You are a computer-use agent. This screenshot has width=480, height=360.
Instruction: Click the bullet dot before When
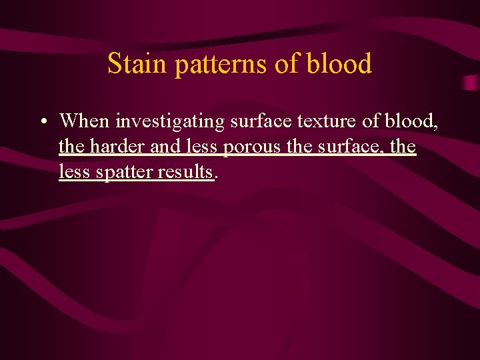[x=42, y=121]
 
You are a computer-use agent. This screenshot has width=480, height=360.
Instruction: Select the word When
[x=85, y=121]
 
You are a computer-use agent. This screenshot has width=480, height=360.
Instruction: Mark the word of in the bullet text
[x=373, y=121]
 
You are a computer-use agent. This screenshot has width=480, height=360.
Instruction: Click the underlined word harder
[x=117, y=146]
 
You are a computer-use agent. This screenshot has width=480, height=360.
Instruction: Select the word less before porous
[x=203, y=146]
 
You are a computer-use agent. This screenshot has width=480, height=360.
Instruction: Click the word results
[x=189, y=171]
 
